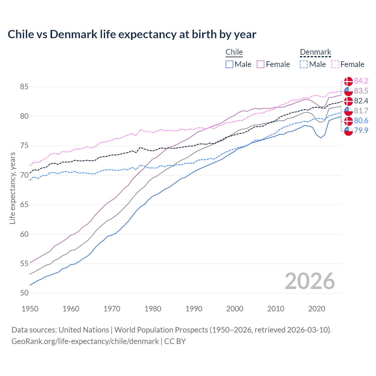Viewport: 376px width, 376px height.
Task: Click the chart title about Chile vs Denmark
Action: (132, 34)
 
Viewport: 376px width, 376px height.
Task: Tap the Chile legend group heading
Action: (234, 52)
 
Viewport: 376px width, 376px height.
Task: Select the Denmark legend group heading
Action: (315, 52)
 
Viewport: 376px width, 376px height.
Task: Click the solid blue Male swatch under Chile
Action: (229, 64)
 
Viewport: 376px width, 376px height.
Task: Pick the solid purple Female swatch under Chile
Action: (261, 64)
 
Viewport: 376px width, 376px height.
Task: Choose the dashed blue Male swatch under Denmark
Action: (304, 64)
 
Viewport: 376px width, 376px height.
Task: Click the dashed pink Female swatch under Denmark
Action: (335, 64)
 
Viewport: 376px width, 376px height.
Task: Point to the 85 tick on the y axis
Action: (24, 87)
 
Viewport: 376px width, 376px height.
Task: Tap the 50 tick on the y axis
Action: (24, 293)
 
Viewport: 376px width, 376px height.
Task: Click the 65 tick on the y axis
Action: (24, 204)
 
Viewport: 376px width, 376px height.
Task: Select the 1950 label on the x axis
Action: (30, 309)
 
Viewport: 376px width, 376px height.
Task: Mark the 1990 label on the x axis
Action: (194, 309)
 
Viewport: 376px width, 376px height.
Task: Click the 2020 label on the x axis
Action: (317, 309)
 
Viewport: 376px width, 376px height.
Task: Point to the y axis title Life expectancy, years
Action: (12, 188)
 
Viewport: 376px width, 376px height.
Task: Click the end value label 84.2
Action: (361, 81)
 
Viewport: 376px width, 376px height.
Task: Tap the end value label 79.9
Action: (361, 130)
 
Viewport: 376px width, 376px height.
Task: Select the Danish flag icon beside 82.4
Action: (348, 101)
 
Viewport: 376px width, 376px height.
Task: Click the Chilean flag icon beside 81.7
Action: (348, 111)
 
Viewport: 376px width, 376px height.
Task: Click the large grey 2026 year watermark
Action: (310, 281)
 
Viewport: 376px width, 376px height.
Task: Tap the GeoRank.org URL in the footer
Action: (85, 341)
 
